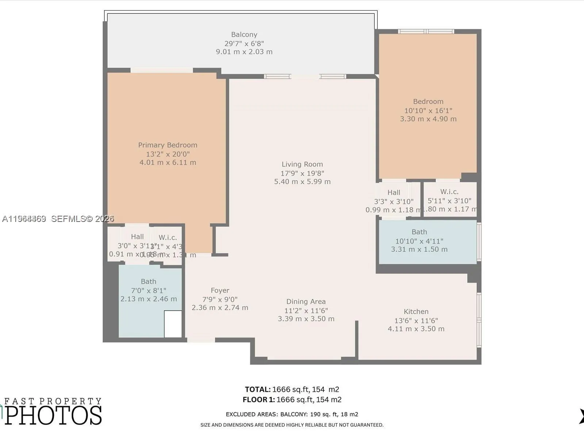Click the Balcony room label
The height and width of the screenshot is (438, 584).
click(244, 35)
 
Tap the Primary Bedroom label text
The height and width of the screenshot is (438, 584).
click(168, 145)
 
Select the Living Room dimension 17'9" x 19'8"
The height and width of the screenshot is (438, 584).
click(302, 173)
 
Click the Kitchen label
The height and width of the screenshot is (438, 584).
click(416, 312)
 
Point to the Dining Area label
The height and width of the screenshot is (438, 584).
click(306, 302)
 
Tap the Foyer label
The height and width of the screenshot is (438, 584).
click(220, 291)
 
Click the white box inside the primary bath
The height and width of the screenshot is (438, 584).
click(173, 324)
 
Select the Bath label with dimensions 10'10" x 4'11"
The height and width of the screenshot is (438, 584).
click(419, 232)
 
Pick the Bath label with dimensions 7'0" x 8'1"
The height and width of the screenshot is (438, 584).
click(149, 282)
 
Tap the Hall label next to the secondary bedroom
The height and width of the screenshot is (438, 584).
click(394, 193)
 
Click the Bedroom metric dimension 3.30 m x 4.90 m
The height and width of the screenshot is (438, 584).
click(428, 119)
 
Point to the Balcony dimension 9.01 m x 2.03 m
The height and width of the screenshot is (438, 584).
click(244, 52)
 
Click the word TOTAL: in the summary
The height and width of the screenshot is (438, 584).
click(257, 389)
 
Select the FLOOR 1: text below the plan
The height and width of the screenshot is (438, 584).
click(258, 400)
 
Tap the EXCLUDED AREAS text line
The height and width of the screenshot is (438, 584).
click(292, 414)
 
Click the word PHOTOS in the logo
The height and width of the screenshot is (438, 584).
click(53, 415)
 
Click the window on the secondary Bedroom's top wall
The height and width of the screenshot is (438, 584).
click(426, 31)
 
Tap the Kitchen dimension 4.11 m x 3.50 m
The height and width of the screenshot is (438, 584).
click(416, 329)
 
